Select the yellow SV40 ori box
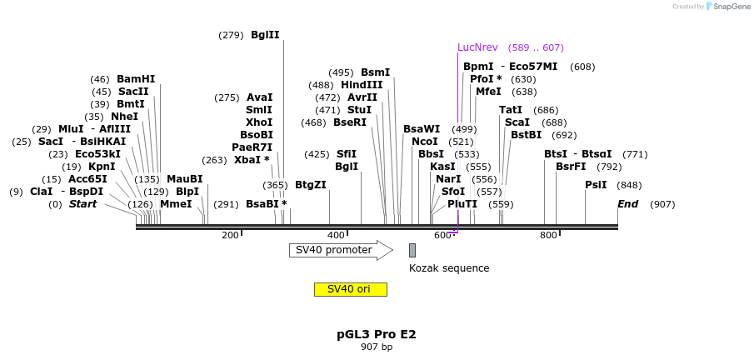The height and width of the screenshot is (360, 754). pos(350,289)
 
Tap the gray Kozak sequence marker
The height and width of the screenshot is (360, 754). pos(412,250)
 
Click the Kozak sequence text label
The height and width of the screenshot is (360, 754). pos(449,268)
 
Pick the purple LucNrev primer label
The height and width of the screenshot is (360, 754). pos(488,47)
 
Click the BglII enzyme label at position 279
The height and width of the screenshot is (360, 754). pos(265,35)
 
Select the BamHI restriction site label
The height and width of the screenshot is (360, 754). pos(136,79)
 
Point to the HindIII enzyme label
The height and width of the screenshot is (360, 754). pos(362,85)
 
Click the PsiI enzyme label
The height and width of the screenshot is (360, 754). pos(596,185)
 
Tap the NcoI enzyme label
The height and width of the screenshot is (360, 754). pos(425,142)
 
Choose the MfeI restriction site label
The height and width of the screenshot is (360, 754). pos(488,92)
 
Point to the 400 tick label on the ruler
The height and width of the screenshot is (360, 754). pos(336,236)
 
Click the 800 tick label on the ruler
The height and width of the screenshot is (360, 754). pos(548,236)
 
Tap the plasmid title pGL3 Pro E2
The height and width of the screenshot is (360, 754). pos(377,334)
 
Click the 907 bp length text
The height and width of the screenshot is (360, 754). pos(377,347)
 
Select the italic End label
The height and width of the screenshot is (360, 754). pos(627,204)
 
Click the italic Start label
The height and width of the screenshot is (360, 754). pos(82,204)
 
